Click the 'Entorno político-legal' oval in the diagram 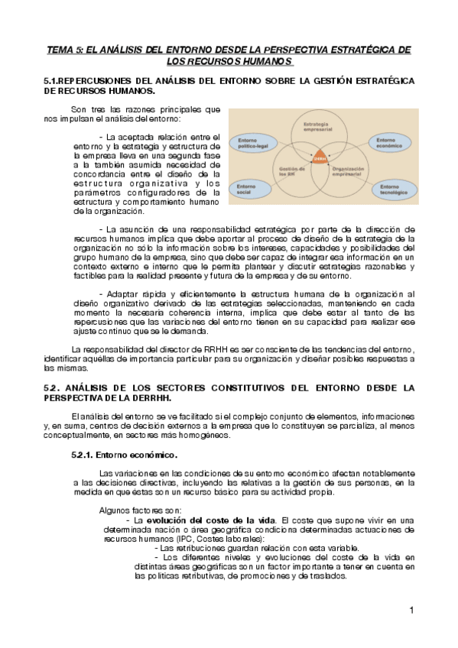pyautogui.click(x=254, y=143)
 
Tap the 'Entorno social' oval pyautogui.click(x=248, y=187)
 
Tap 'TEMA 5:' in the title pyautogui.click(x=66, y=50)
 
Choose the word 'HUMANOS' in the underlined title pyautogui.click(x=265, y=61)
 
